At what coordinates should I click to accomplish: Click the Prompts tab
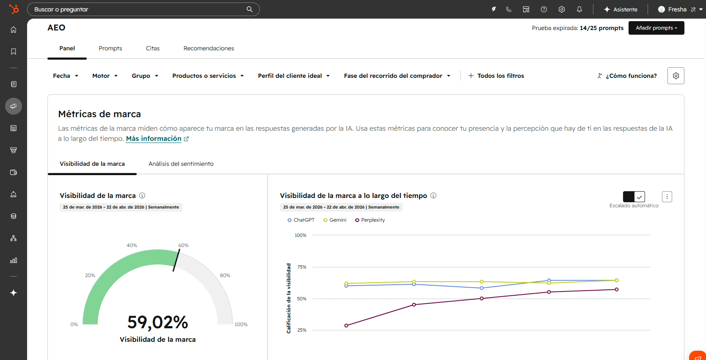coord(110,48)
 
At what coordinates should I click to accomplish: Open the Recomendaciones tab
coord(209,48)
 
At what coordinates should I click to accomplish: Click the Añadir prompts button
coord(656,28)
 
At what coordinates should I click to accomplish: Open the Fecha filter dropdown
coord(66,76)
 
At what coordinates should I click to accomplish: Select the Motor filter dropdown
coord(105,76)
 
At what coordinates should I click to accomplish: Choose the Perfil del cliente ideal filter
coord(294,76)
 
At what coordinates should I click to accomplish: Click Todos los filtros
coord(496,76)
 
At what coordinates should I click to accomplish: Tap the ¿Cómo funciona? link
coord(627,76)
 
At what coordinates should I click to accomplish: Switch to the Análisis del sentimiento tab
coord(181,164)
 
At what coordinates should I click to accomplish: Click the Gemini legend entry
coord(335,220)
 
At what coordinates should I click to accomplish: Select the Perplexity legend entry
coord(370,220)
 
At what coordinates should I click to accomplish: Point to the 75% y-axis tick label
coord(302,267)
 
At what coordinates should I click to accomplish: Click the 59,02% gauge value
coord(157,322)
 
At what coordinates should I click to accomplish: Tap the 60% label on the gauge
coord(183,245)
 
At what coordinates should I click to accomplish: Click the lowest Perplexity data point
coord(346,325)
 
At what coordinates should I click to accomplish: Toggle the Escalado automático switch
coord(634,197)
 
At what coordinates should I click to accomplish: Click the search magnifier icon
coord(249,9)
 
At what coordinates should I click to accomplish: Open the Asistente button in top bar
coord(620,9)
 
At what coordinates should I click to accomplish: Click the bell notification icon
coord(579,9)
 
